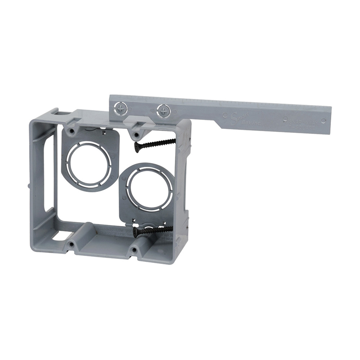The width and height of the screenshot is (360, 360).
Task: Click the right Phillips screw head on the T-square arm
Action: tap(163, 110)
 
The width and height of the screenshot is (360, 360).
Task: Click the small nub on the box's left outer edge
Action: tap(28, 186)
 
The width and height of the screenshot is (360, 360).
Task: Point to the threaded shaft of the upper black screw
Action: tap(159, 143)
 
